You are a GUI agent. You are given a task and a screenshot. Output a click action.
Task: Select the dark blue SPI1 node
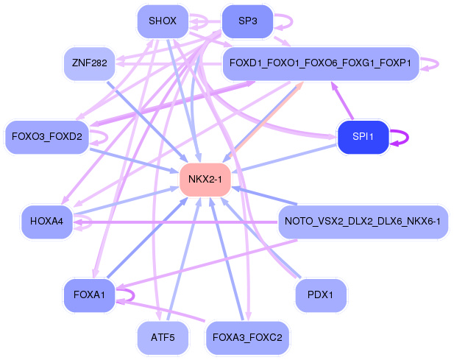pyautogui.click(x=363, y=137)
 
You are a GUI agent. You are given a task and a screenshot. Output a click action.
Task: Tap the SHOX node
pyautogui.click(x=163, y=21)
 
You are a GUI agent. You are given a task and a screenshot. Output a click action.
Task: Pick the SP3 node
pyautogui.click(x=248, y=21)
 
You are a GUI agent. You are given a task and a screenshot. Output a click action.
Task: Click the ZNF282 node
pyautogui.click(x=90, y=63)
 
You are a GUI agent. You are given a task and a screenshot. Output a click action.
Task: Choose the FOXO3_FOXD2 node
pyautogui.click(x=47, y=137)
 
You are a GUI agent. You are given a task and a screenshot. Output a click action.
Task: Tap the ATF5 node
pyautogui.click(x=163, y=338)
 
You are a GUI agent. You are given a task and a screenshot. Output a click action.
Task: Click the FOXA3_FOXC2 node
pyautogui.click(x=248, y=338)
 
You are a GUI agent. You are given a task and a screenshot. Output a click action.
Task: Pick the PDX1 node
pyautogui.click(x=321, y=294)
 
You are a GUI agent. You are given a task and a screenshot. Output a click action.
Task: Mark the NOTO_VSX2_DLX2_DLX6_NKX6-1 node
pyautogui.click(x=363, y=221)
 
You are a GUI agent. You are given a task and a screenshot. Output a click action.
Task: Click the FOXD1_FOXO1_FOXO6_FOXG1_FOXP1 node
pyautogui.click(x=321, y=63)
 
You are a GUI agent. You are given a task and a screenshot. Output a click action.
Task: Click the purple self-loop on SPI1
pyautogui.click(x=401, y=137)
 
